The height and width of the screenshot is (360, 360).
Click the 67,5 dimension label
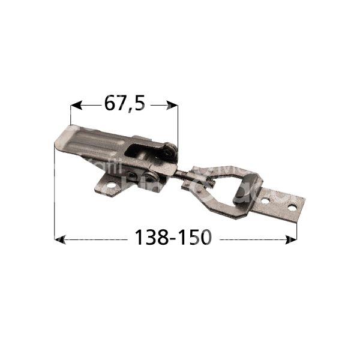(125, 104)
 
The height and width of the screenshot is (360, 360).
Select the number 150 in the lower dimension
(193, 238)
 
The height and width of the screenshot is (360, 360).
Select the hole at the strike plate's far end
(292, 206)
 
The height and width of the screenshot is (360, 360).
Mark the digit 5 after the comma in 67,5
(139, 104)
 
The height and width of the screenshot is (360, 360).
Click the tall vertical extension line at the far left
(55, 192)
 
